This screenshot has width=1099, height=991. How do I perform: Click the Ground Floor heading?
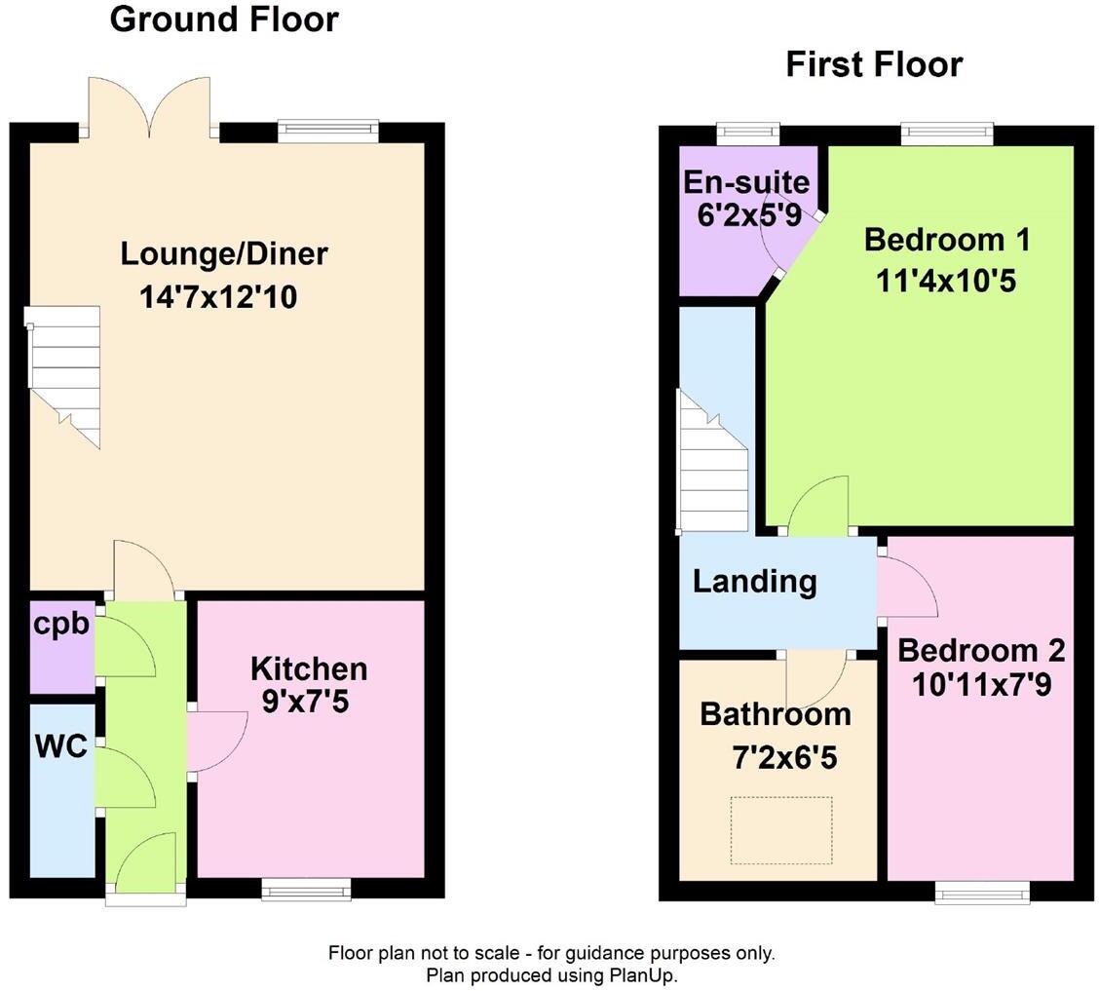[224, 19]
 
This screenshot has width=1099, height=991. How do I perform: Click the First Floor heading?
[874, 64]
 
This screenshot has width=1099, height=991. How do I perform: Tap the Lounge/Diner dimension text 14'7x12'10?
[218, 296]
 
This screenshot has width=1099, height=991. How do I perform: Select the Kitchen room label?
[309, 668]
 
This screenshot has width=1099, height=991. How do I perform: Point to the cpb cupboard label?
[61, 624]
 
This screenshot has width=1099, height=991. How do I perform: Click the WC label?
[61, 746]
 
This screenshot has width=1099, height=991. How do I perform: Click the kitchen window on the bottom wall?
[307, 887]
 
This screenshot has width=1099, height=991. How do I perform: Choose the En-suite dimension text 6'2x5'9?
[745, 214]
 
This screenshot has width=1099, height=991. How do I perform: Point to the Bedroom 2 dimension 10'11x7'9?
[981, 685]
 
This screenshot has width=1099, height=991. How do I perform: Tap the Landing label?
[754, 582]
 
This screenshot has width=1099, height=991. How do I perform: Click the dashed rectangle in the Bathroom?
[781, 830]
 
